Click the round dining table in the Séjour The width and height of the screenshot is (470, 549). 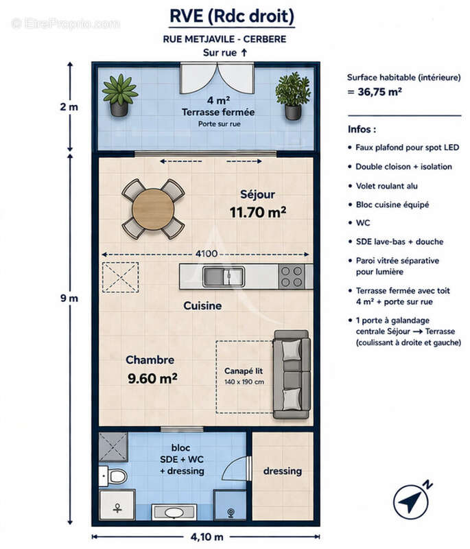(x=153, y=209)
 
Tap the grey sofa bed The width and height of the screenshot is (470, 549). (x=292, y=374)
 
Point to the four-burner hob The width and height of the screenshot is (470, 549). (x=292, y=276)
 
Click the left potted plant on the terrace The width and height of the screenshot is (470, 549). (x=119, y=95)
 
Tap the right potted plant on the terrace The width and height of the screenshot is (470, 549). (x=293, y=95)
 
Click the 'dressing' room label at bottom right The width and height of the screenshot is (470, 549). (x=282, y=471)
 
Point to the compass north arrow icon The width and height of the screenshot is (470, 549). (x=411, y=502)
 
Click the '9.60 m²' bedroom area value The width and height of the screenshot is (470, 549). (x=152, y=377)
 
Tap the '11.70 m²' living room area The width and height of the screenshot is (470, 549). (x=257, y=212)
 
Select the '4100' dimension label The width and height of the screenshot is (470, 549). (x=206, y=253)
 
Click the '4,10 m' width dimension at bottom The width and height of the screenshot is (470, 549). (x=206, y=537)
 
